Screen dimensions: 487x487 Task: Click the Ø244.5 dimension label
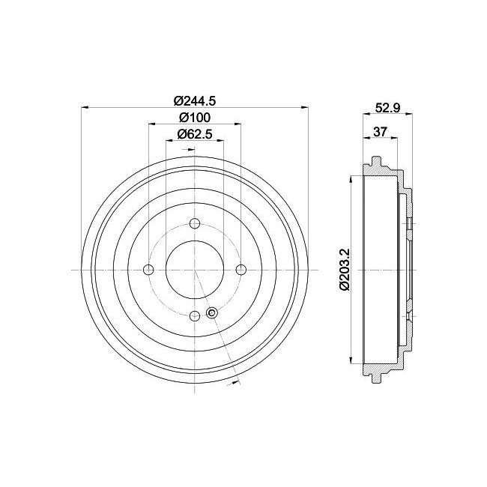click(x=194, y=101)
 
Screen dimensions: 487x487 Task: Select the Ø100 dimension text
click(x=194, y=118)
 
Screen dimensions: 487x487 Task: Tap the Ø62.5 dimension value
click(x=194, y=135)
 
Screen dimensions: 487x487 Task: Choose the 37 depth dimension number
click(x=380, y=133)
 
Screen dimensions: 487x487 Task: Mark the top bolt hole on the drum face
click(x=195, y=223)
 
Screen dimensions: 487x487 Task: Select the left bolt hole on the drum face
click(x=148, y=270)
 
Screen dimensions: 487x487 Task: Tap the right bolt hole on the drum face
click(x=241, y=270)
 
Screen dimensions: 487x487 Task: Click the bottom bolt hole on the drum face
click(x=195, y=316)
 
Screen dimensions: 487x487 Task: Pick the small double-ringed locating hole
click(x=211, y=313)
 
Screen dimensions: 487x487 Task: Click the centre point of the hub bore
click(x=195, y=270)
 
